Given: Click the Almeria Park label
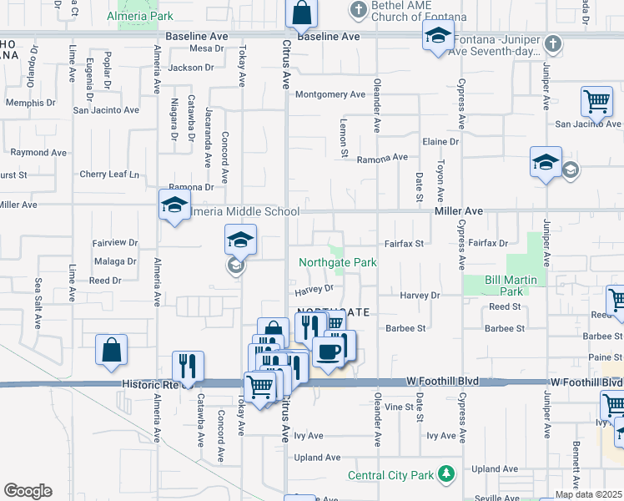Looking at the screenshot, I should [140, 16].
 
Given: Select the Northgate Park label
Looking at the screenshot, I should [338, 262].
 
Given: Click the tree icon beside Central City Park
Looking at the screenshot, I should [447, 473].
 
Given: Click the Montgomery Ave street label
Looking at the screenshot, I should [330, 94].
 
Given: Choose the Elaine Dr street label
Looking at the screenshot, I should [440, 142].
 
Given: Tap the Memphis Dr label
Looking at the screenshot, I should [30, 104].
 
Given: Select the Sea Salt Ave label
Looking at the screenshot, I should [38, 291].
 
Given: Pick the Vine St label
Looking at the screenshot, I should [399, 407].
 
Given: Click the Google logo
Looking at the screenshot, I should [28, 491].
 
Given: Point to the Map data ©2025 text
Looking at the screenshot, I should [588, 494].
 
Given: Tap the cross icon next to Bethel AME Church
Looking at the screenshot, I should [359, 10].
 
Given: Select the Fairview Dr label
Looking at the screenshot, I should [115, 242].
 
